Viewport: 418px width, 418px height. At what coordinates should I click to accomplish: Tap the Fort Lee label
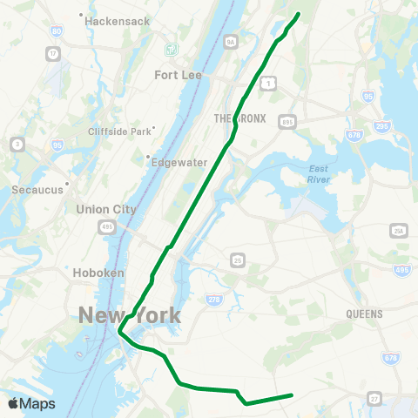tap(178, 75)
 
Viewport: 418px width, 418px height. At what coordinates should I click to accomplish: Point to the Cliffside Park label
tap(120, 131)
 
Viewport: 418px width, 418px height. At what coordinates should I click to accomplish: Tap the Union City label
tap(107, 209)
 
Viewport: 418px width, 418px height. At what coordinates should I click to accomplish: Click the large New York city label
tap(130, 314)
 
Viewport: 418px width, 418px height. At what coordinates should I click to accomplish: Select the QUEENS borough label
tap(364, 313)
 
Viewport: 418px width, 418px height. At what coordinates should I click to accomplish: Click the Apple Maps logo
tap(30, 403)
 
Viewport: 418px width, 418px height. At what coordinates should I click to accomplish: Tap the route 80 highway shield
tap(57, 31)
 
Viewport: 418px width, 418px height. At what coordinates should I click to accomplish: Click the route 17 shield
tap(54, 54)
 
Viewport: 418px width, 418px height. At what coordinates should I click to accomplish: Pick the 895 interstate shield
tap(287, 124)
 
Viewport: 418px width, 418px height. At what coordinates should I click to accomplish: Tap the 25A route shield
tap(400, 230)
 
